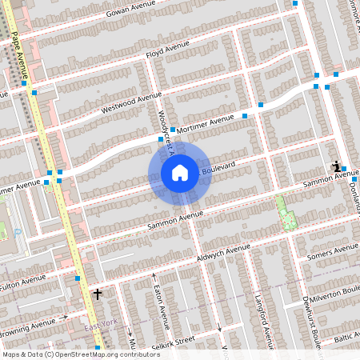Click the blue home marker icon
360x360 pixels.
pyautogui.click(x=179, y=172)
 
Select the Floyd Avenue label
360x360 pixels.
pyautogui.click(x=167, y=49)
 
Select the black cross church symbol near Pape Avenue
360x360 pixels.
pyautogui.click(x=98, y=294)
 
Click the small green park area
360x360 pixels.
pyautogui.click(x=285, y=210)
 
